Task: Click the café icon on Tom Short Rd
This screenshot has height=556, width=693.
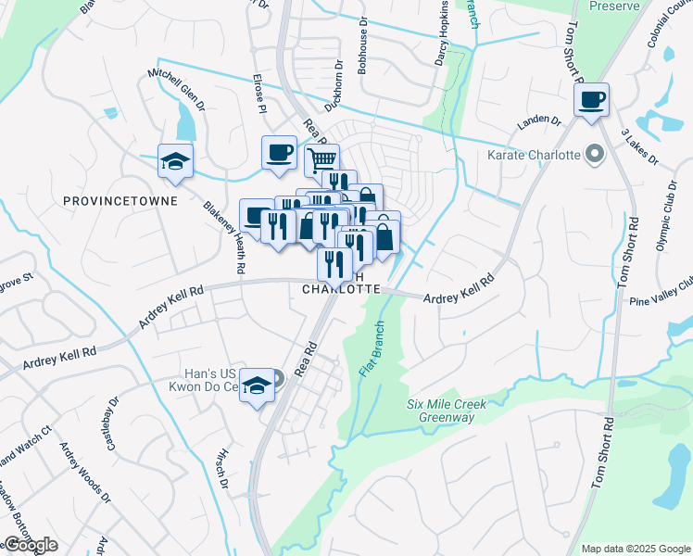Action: click(591, 100)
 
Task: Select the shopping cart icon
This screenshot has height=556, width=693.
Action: click(321, 160)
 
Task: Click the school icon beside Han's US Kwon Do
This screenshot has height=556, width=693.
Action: click(257, 387)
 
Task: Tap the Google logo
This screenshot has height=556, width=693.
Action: click(31, 545)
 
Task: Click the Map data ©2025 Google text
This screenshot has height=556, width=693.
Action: click(635, 549)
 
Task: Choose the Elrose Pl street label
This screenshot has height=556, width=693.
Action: click(258, 96)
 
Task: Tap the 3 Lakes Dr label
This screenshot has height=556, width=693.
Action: click(639, 146)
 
